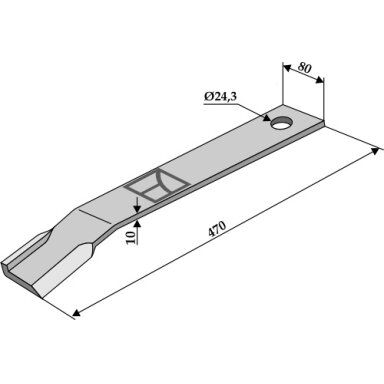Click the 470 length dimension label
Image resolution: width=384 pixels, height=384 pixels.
(x=217, y=229)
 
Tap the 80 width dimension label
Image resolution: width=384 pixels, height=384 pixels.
(x=304, y=68)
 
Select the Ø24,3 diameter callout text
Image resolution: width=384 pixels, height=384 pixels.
(x=220, y=97)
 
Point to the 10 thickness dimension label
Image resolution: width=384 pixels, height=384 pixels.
(x=132, y=237)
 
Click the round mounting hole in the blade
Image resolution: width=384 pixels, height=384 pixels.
(x=282, y=123)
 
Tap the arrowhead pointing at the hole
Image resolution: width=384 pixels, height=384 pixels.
(x=266, y=118)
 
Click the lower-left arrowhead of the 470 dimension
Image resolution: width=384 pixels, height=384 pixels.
(x=76, y=313)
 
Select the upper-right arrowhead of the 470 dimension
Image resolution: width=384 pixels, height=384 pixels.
(x=376, y=151)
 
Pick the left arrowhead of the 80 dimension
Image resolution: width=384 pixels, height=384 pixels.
(x=287, y=67)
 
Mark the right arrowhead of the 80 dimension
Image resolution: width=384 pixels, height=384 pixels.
(x=319, y=80)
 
